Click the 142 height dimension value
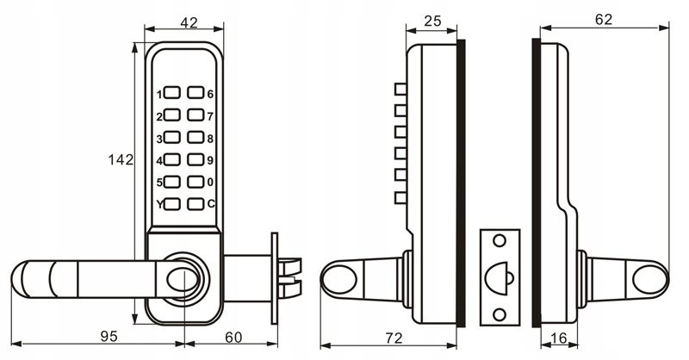point(121,159)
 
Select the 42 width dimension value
point(189,22)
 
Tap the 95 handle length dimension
point(109,336)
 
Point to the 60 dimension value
point(233,337)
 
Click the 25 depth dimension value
point(432,21)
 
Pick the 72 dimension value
point(394,338)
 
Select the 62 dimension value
point(604,19)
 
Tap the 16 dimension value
point(558,338)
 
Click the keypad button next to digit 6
point(196,92)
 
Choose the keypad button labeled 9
point(196,159)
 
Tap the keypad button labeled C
point(196,203)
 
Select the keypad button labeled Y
point(172,203)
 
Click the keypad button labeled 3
point(172,137)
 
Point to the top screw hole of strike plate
point(500,240)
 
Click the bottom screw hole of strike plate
point(500,314)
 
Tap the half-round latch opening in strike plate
point(497,278)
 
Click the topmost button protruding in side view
point(400,90)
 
